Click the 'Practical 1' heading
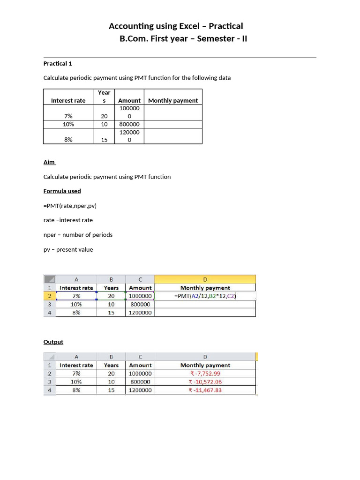point(58,63)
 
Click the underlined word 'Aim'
point(49,162)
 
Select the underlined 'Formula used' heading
point(62,191)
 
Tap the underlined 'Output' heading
point(53,342)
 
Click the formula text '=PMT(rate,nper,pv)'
point(70,206)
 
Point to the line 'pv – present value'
point(68,250)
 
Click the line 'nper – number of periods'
point(78,235)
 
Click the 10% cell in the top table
point(68,124)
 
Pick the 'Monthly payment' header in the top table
point(173,101)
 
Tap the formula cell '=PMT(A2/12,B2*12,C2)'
point(205,296)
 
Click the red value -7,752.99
point(205,374)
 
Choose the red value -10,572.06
point(205,382)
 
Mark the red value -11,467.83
point(205,390)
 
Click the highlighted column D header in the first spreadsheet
point(205,279)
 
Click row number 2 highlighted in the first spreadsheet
point(49,296)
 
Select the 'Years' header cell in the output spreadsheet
point(111,365)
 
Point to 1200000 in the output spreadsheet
point(140,390)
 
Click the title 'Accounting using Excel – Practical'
point(176,26)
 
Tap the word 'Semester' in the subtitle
point(216,38)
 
